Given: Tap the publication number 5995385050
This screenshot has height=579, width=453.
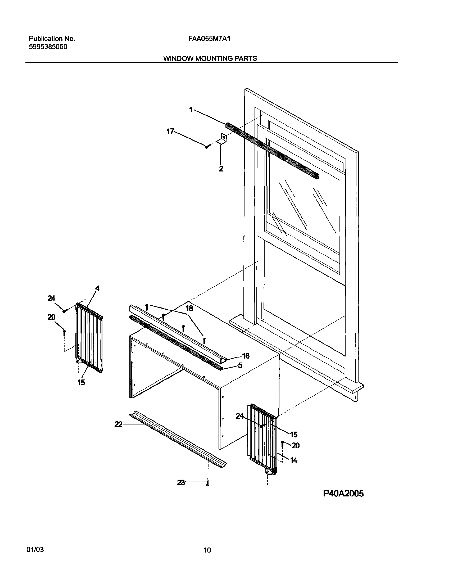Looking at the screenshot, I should pos(48,47).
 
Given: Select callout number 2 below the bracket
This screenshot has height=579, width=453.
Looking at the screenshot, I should pos(221,169).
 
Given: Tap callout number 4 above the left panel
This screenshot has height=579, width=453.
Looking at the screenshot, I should pos(97,288).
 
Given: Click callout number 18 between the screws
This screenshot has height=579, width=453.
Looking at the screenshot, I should pos(189,309).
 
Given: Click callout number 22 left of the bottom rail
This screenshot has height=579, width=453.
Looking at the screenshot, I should pos(118,425).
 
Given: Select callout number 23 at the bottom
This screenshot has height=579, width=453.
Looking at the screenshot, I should pos(181,483).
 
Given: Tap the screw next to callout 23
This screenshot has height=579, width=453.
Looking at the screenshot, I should pos(208,483).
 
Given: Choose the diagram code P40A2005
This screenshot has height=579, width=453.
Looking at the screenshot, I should pos(343,493).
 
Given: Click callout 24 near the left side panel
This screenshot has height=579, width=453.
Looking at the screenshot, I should pos(51,298).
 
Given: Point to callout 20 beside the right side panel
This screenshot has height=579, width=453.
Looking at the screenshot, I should pos(296,445).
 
